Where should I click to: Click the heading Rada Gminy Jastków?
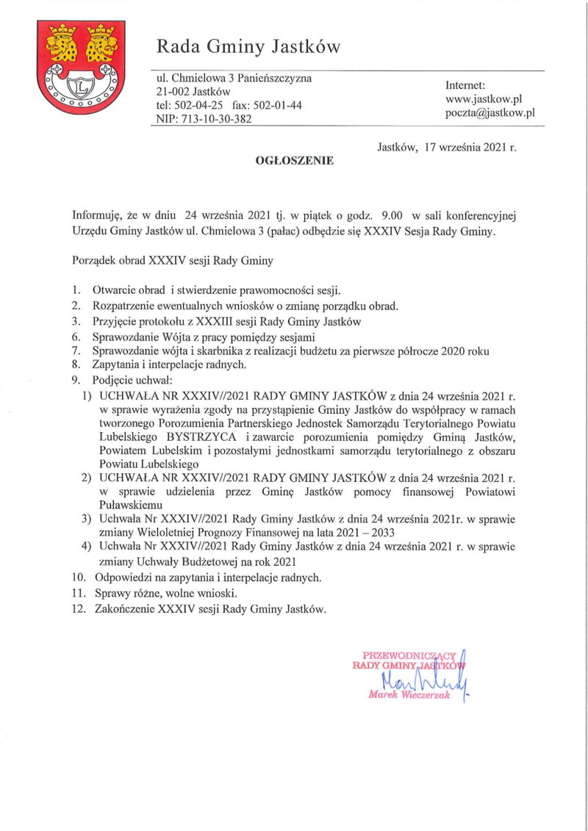coord(248,47)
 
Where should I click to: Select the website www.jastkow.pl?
coord(484,98)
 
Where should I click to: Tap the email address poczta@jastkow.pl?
coord(490,113)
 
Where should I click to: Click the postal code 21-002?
coord(171,92)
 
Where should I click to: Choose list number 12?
coord(79,609)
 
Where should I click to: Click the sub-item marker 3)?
coord(86,519)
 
